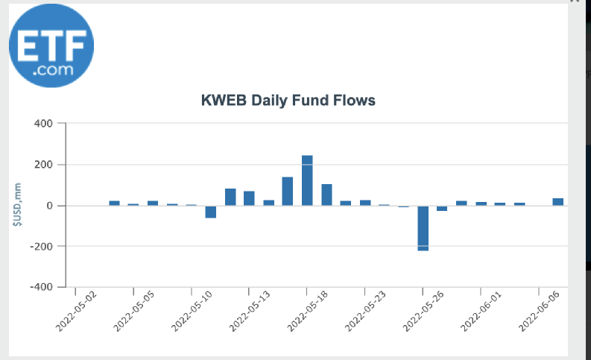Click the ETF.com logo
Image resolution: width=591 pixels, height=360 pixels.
(51, 46)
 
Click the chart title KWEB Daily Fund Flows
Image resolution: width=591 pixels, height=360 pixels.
(288, 100)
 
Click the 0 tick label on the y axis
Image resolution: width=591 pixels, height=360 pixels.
(50, 206)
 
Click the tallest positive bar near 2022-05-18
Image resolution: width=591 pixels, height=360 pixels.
(307, 180)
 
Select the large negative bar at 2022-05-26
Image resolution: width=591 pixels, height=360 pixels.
(423, 228)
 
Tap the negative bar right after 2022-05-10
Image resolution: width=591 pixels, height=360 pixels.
(211, 212)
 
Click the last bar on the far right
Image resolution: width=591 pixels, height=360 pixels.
(557, 201)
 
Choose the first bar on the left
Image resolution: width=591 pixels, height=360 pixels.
(114, 203)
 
